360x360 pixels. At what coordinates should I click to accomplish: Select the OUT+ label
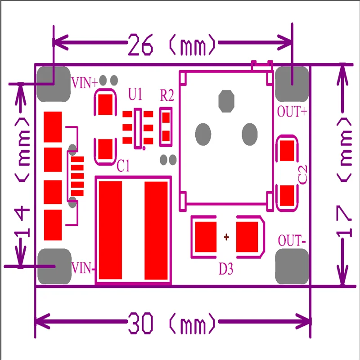coord(292,111)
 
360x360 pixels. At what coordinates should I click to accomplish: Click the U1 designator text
coord(135,95)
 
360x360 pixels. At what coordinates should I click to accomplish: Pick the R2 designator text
coord(166,95)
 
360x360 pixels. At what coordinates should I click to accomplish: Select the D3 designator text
coord(226,269)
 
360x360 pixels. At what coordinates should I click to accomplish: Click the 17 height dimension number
coord(344,221)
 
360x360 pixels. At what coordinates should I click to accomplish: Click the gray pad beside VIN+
coord(53,83)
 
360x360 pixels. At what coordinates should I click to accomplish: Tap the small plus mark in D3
coord(226,236)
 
